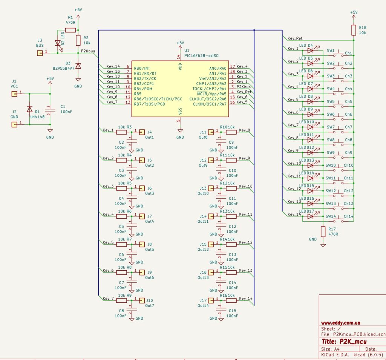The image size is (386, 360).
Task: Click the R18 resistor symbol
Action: [x=354, y=30]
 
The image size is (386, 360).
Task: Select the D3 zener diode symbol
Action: [x=78, y=66]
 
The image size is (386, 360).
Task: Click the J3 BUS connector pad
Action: [x=40, y=53]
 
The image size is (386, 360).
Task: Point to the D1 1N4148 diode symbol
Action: [x=29, y=109]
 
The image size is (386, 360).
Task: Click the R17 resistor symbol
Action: [x=323, y=231]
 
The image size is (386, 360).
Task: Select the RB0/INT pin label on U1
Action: [x=142, y=68]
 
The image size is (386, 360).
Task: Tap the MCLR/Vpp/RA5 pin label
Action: [x=211, y=94]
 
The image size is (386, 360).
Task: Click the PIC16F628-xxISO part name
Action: [x=201, y=56]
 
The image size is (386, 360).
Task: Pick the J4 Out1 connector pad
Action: [x=142, y=132]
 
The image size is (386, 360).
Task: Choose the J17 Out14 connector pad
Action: [x=211, y=300]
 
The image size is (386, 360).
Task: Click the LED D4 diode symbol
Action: [x=311, y=51]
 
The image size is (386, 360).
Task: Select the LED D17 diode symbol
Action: [x=311, y=216]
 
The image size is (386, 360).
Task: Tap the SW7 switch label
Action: [x=331, y=127]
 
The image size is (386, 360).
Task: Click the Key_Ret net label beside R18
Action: [x=295, y=38]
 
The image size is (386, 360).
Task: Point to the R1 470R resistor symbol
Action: [x=70, y=30]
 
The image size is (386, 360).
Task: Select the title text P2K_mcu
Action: [x=353, y=342]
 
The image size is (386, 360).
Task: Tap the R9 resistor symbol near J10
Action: [x=121, y=300]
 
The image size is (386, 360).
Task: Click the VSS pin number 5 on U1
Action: [x=178, y=121]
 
